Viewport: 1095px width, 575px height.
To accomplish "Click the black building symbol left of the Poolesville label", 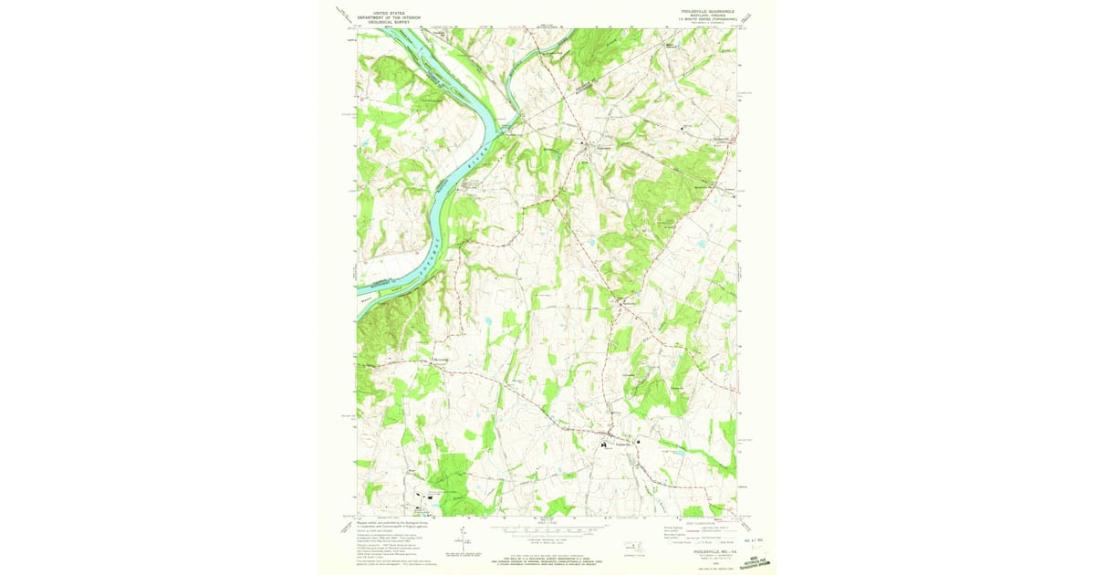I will pos(603,444).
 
